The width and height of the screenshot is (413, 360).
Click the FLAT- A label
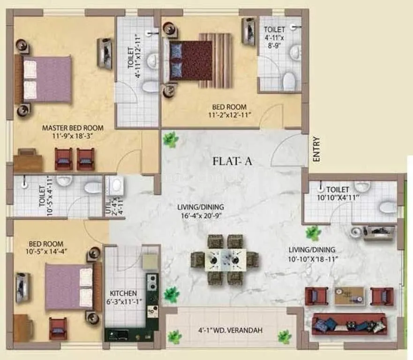(233, 162)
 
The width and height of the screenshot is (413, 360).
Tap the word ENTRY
(316, 150)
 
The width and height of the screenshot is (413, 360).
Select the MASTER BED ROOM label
(73, 127)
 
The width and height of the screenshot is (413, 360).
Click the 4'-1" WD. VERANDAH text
(230, 330)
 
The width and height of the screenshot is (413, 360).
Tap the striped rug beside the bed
(215, 60)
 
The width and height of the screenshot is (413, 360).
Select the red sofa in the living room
(349, 323)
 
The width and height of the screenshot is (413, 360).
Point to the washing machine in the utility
(115, 186)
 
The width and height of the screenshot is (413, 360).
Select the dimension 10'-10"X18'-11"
(312, 259)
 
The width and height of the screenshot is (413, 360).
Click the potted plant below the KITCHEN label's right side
(172, 294)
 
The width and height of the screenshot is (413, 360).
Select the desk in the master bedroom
(27, 160)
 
